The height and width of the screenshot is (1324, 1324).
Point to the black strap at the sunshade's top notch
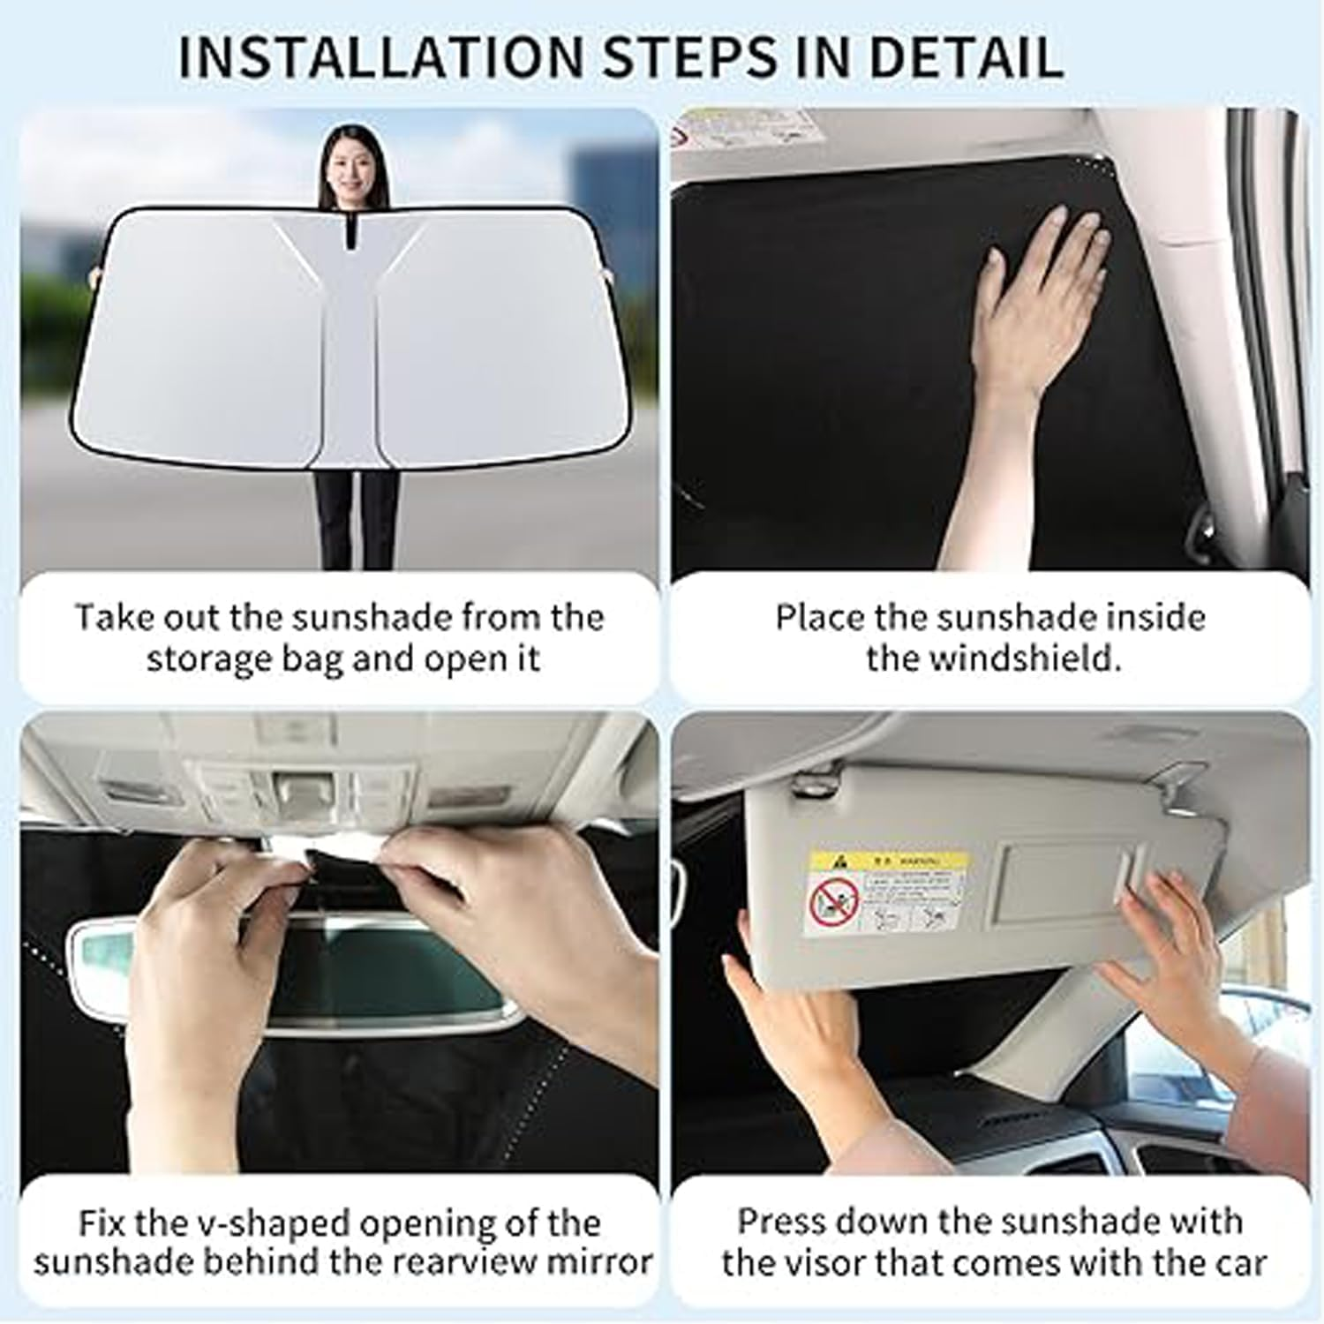(x=350, y=231)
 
